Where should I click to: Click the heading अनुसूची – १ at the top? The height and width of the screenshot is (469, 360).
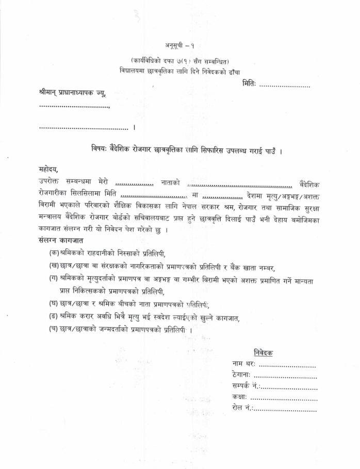(179, 45)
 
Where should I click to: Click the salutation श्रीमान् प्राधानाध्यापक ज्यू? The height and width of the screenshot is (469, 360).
(75, 93)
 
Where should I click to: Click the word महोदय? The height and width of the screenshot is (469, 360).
(49, 169)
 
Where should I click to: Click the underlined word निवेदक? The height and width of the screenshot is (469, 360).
(263, 353)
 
